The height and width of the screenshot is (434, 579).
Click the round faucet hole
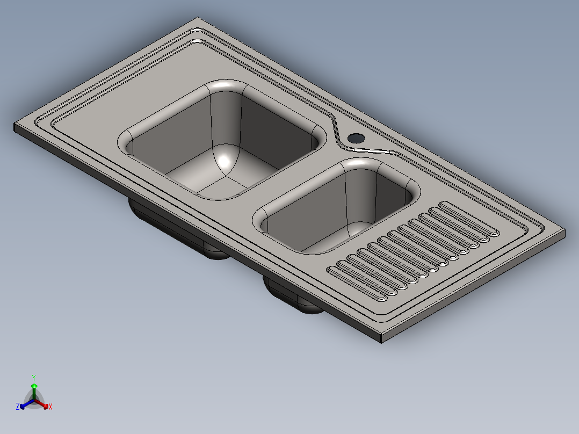356,139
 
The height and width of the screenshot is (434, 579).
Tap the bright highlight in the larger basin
224,161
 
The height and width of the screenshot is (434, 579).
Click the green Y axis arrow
34,392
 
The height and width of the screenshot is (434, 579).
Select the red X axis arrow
41,404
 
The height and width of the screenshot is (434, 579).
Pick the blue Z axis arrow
27,404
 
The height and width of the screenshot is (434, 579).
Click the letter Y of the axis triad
34,378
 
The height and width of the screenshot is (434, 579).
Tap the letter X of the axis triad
50,407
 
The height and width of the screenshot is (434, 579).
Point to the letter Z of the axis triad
18,407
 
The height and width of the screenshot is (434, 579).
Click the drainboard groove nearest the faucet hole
469,218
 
